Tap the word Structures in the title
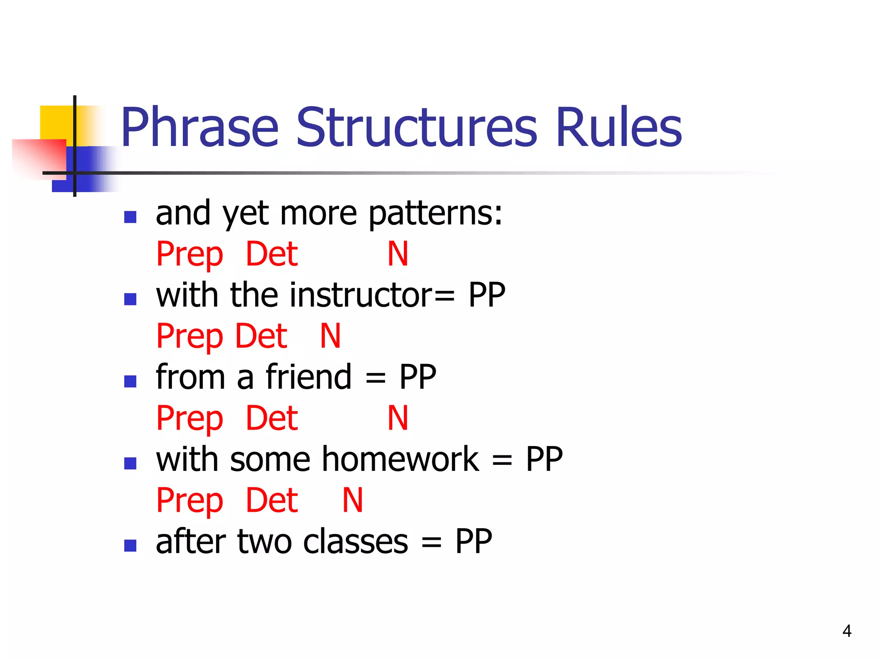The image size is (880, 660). click(416, 128)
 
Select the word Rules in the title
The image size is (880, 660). click(618, 128)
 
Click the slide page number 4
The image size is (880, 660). click(846, 631)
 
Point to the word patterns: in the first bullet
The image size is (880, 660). click(435, 214)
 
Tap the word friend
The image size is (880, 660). click(309, 377)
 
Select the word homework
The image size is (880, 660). click(400, 459)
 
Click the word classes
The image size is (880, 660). click(355, 541)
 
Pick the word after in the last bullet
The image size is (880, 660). click(190, 541)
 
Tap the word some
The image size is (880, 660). click(270, 459)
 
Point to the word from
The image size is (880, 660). click(190, 377)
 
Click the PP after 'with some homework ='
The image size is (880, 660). click(544, 459)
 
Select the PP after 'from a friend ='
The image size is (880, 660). click(417, 377)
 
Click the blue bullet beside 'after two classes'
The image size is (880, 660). click(130, 545)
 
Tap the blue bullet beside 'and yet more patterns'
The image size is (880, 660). click(130, 217)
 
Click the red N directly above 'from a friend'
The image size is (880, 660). click(330, 336)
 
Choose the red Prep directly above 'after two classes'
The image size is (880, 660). click(189, 501)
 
